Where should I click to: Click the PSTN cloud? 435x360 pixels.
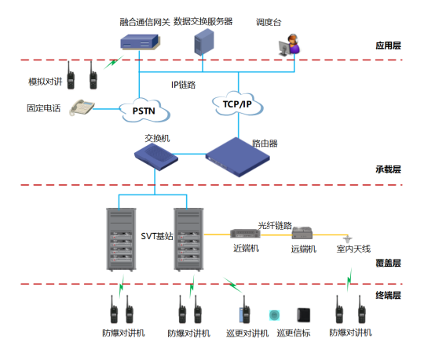(144, 111)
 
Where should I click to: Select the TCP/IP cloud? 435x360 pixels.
(237, 104)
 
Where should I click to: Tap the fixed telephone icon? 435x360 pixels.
(82, 107)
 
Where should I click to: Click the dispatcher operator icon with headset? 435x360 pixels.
(290, 45)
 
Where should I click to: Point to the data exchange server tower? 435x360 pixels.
(204, 42)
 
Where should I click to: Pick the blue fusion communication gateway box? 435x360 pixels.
(141, 42)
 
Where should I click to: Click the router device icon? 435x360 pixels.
(237, 157)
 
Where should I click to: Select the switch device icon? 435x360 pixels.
(156, 157)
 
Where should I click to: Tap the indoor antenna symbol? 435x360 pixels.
(347, 238)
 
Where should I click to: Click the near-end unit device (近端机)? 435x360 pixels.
(245, 234)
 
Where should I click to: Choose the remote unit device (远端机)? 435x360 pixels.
(302, 233)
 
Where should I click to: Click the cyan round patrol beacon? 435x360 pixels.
(274, 315)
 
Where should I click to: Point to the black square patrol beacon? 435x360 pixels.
(304, 315)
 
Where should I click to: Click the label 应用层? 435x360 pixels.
(388, 45)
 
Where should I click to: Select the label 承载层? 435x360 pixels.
(388, 169)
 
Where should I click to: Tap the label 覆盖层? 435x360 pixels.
(388, 263)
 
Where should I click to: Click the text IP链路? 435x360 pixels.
(184, 85)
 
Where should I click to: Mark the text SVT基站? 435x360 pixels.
(157, 236)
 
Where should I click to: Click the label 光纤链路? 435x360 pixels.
(275, 225)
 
